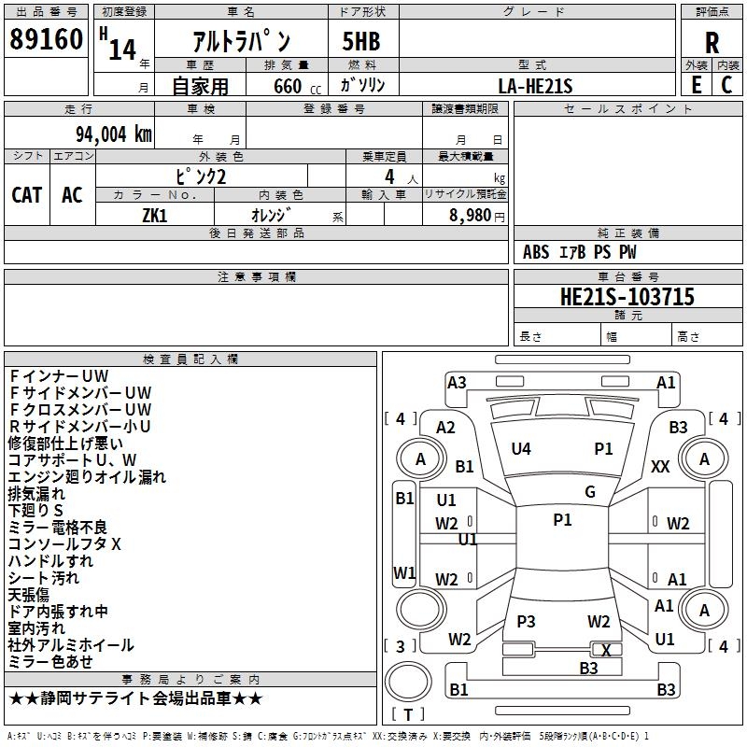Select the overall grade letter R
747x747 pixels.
pyautogui.click(x=712, y=42)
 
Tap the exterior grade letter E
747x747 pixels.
pyautogui.click(x=696, y=85)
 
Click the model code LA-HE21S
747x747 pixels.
pyautogui.click(x=536, y=86)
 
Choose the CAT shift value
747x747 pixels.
pyautogui.click(x=27, y=194)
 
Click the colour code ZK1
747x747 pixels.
pyautogui.click(x=154, y=214)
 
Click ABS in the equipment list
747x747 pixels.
pyautogui.click(x=536, y=252)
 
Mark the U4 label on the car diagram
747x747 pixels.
pyautogui.click(x=521, y=449)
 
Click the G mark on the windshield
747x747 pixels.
pyautogui.click(x=590, y=492)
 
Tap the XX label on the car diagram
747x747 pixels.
pyautogui.click(x=660, y=467)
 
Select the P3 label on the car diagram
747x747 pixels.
pyautogui.click(x=526, y=622)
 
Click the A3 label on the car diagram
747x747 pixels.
pyautogui.click(x=457, y=382)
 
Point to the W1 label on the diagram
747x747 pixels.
pyautogui.click(x=404, y=572)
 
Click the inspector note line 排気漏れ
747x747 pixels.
pyautogui.click(x=36, y=493)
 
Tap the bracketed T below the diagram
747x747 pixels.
pyautogui.click(x=407, y=714)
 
